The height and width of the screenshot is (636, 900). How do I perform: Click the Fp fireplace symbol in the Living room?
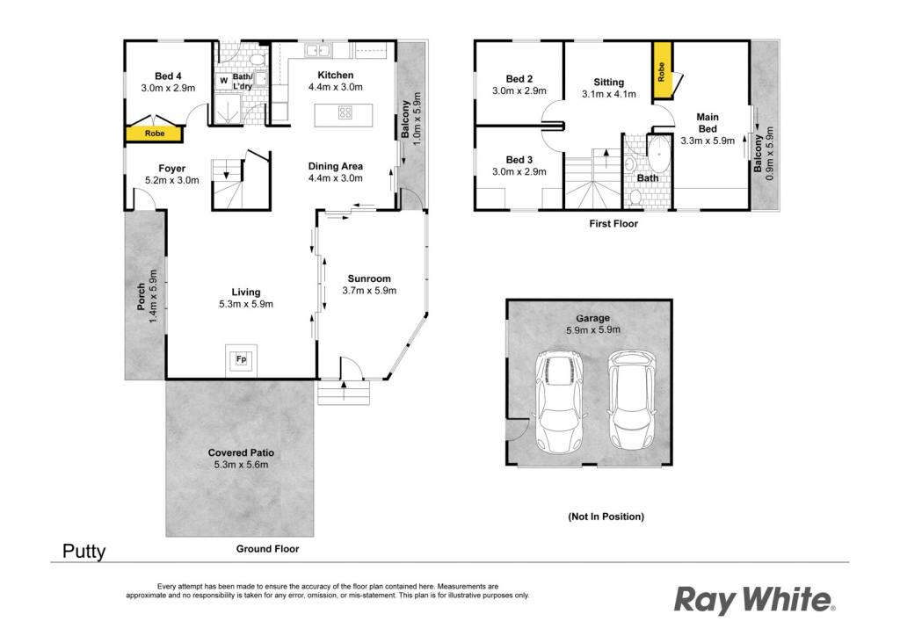click(241, 359)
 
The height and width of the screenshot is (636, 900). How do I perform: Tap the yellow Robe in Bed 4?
click(154, 133)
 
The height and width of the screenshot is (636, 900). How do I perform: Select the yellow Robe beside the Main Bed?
click(662, 72)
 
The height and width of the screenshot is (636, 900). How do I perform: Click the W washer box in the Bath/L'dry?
click(223, 81)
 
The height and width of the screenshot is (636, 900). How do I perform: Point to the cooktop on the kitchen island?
click(345, 112)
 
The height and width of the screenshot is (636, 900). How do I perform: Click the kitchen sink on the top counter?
click(316, 50)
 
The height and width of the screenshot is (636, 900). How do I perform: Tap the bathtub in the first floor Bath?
click(659, 154)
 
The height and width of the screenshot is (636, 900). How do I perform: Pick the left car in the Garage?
click(559, 400)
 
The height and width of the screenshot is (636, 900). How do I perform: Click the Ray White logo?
click(754, 601)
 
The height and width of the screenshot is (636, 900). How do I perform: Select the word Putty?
click(83, 552)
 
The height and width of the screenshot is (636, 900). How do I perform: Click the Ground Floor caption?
click(267, 549)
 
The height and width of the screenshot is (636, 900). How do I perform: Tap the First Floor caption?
click(613, 224)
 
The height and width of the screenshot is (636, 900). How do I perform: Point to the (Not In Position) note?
click(606, 517)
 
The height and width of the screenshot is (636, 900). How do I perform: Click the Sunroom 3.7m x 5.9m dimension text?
click(369, 291)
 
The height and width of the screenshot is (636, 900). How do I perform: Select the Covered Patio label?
click(241, 452)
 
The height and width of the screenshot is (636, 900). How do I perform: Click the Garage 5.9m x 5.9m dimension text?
click(593, 329)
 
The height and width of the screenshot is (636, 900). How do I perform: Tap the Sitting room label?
click(608, 82)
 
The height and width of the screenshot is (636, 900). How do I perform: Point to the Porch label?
click(142, 297)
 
